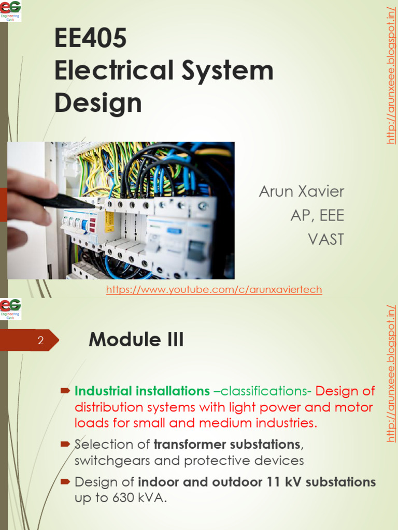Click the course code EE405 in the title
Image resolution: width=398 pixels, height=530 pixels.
click(x=90, y=39)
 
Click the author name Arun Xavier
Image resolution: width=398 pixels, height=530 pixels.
click(x=301, y=192)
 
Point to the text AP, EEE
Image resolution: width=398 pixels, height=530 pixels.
click(x=317, y=215)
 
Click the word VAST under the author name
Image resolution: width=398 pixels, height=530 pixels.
click(x=326, y=239)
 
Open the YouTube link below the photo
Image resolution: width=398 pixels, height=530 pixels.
click(x=214, y=290)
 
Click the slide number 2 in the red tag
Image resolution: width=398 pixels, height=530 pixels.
click(x=41, y=341)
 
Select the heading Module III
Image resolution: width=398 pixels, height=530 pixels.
click(x=136, y=340)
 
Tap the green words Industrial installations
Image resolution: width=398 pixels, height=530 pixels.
click(x=142, y=391)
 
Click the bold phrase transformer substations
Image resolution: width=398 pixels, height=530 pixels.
click(x=226, y=444)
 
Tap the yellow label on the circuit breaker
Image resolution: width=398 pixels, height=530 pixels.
click(x=109, y=222)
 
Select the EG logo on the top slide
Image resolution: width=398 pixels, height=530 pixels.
click(x=11, y=10)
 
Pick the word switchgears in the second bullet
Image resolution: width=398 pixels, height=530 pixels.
click(x=106, y=461)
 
